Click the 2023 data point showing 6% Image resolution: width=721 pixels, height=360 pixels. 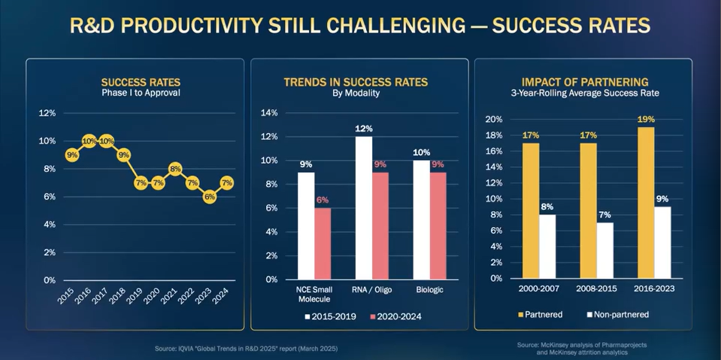point(210,196)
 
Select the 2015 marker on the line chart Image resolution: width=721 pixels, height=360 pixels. point(72,155)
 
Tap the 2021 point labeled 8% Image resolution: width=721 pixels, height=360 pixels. point(175,168)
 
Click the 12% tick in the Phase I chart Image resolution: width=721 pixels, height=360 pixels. point(47,113)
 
